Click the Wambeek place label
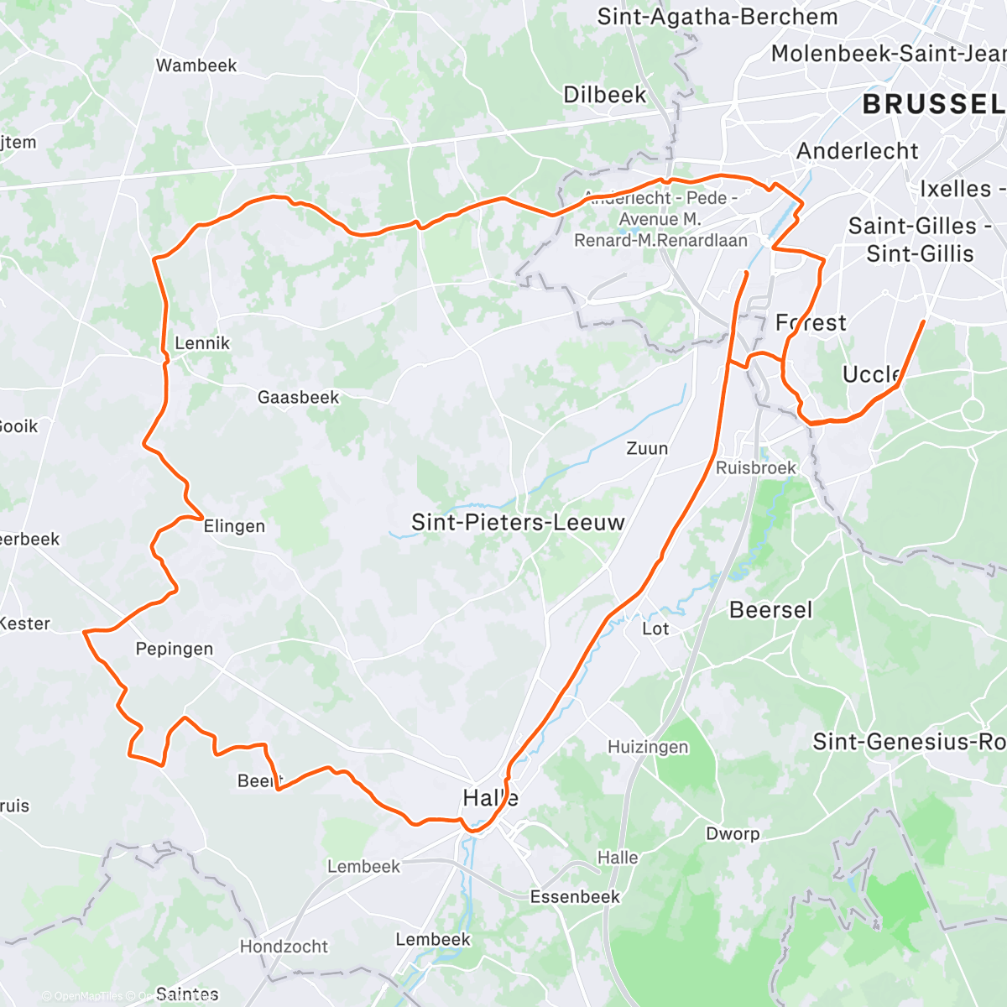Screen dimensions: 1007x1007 click(x=196, y=65)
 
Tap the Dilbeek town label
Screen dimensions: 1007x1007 click(x=604, y=95)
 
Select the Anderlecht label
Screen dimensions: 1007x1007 click(x=857, y=151)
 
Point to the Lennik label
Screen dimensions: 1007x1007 click(x=201, y=342)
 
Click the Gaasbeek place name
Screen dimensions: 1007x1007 click(x=298, y=397)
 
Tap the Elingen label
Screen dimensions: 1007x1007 click(x=234, y=526)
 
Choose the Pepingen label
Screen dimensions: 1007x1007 click(x=175, y=649)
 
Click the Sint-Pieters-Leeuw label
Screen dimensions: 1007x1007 click(x=518, y=522)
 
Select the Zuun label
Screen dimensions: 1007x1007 click(x=647, y=448)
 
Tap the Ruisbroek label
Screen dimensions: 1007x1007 click(x=755, y=467)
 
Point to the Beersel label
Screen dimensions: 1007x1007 click(x=770, y=609)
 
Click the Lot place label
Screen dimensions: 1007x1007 click(x=655, y=629)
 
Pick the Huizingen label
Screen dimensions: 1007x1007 click(x=648, y=746)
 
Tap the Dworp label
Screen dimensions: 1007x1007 click(x=733, y=833)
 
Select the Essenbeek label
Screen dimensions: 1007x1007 click(x=575, y=896)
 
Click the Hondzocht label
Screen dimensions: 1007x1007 click(x=284, y=947)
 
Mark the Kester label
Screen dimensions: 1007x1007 click(x=25, y=624)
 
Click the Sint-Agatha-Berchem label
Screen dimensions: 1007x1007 click(x=717, y=17)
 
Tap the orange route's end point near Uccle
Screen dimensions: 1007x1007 click(x=924, y=321)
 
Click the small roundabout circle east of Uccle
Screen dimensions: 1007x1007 click(x=973, y=410)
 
